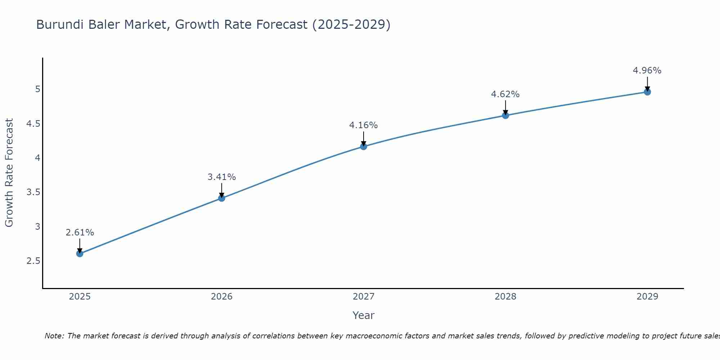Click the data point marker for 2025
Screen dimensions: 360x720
pyautogui.click(x=80, y=253)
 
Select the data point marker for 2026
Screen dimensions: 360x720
pyautogui.click(x=221, y=198)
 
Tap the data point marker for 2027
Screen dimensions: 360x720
pyautogui.click(x=363, y=146)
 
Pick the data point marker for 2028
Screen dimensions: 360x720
pyautogui.click(x=505, y=115)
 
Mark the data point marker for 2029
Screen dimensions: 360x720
pyautogui.click(x=647, y=92)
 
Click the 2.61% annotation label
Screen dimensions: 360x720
pyautogui.click(x=80, y=233)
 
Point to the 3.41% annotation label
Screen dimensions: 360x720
pyautogui.click(x=221, y=177)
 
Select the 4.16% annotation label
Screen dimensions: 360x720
pyautogui.click(x=363, y=125)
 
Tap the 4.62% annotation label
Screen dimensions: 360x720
pyautogui.click(x=505, y=94)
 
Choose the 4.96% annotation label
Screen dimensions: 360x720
pyautogui.click(x=647, y=71)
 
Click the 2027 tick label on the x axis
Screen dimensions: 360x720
pyautogui.click(x=363, y=297)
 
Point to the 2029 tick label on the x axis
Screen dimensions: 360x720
pyautogui.click(x=647, y=297)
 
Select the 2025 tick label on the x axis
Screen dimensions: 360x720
pyautogui.click(x=80, y=297)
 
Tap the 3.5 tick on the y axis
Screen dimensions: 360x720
pyautogui.click(x=33, y=192)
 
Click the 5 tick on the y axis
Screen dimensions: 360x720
pyautogui.click(x=37, y=89)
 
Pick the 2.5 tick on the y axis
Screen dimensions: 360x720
pyautogui.click(x=33, y=261)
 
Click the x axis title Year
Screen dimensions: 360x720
pyautogui.click(x=363, y=315)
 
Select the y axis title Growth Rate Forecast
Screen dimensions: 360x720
pyautogui.click(x=9, y=173)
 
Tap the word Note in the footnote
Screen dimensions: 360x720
pyautogui.click(x=54, y=336)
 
